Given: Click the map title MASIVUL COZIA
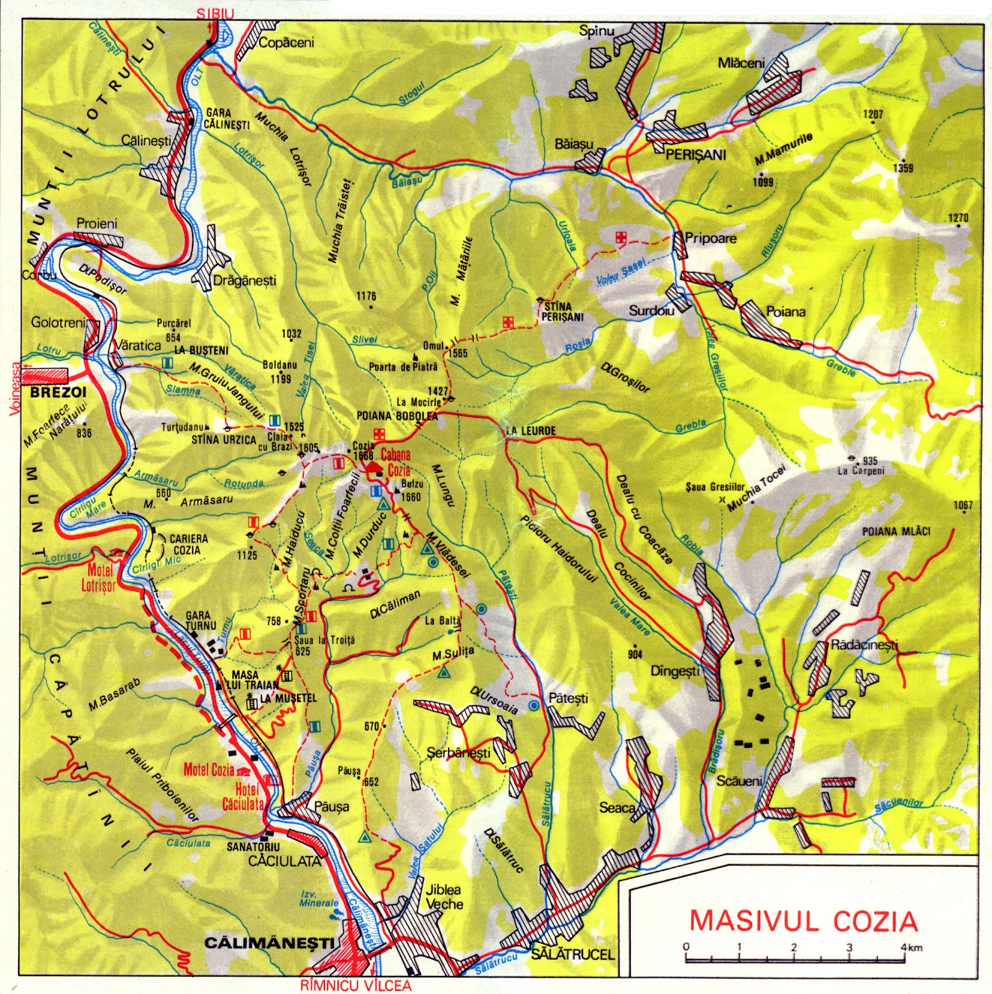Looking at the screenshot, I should pyautogui.click(x=804, y=920).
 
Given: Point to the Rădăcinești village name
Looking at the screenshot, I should pyautogui.click(x=865, y=645).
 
